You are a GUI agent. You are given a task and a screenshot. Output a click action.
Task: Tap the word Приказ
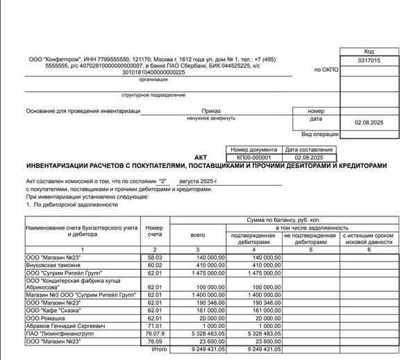tap(211, 111)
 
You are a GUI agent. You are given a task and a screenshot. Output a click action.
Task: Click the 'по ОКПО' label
tap(326, 70)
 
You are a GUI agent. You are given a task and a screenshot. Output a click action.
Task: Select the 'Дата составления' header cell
tap(309, 150)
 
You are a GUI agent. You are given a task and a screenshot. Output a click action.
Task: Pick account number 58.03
tap(154, 257)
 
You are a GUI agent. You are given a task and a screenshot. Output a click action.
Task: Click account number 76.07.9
tap(154, 334)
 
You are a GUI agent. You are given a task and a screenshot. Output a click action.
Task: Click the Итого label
tap(159, 350)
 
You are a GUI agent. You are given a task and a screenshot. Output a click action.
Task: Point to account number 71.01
tap(154, 326)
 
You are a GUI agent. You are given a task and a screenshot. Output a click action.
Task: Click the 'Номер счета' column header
tap(154, 231)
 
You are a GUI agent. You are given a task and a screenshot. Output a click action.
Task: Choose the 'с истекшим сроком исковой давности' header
tap(368, 239)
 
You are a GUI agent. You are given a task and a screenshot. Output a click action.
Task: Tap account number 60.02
tap(154, 265)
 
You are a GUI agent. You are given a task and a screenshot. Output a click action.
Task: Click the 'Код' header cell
tap(368, 52)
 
